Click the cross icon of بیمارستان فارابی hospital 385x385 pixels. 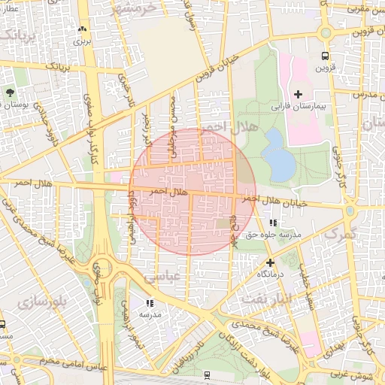click(x=299, y=94)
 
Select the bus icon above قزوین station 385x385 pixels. click(x=325, y=56)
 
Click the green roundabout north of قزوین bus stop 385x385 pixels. click(x=325, y=32)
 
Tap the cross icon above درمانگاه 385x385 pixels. click(x=270, y=262)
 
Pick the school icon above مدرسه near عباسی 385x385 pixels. click(x=150, y=303)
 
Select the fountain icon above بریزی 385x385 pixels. click(x=81, y=29)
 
